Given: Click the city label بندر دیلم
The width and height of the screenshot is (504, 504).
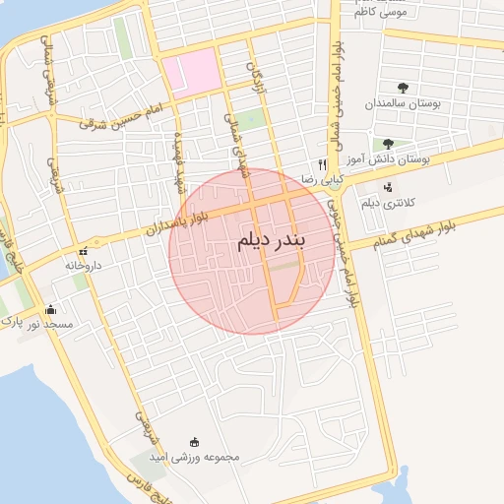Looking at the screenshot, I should pos(272,240).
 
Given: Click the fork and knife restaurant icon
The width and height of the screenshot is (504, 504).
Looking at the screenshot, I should pos(321,165).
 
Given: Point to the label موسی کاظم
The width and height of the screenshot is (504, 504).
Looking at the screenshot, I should pos(386,12).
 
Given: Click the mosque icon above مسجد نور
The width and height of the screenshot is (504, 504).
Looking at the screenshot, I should pos(50,309).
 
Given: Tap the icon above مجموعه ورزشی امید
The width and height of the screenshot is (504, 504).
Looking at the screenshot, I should pos(194,441).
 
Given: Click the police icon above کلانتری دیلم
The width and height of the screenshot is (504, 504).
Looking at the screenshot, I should pos(387,187).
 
